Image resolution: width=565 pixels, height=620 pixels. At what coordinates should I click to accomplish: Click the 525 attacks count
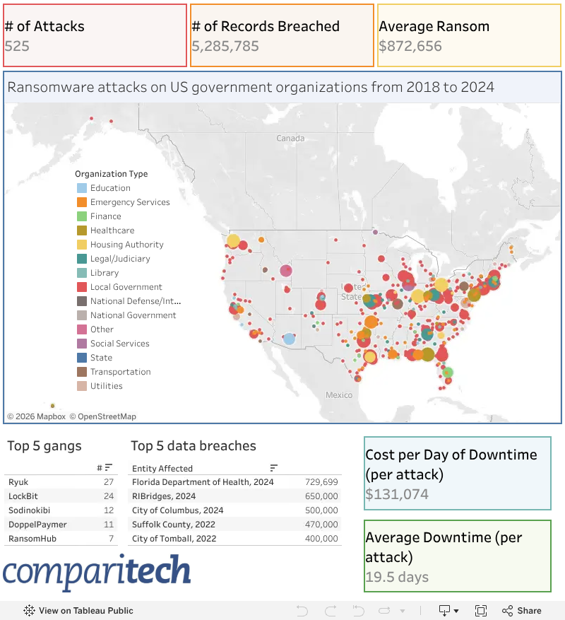click(17, 46)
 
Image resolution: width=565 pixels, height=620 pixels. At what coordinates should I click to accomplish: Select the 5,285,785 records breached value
click(225, 46)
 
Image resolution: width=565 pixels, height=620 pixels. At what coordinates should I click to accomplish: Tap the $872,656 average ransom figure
click(410, 46)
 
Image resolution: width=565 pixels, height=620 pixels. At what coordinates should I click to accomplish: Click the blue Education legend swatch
click(82, 188)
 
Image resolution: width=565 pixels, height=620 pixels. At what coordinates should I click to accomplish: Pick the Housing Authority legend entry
click(120, 245)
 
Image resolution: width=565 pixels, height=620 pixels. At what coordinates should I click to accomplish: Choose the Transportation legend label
click(121, 372)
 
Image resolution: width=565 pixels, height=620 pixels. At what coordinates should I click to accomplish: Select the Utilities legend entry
click(100, 386)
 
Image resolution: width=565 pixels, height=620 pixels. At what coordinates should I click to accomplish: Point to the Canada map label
click(290, 139)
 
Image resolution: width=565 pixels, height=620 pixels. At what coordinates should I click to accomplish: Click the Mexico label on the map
click(339, 395)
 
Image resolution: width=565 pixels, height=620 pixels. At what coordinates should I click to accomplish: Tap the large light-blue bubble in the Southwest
click(290, 339)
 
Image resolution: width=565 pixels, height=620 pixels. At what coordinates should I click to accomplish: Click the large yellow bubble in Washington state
click(233, 241)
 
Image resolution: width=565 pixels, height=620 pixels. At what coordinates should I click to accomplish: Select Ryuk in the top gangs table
click(18, 482)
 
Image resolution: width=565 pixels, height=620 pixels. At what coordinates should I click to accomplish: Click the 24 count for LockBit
click(109, 496)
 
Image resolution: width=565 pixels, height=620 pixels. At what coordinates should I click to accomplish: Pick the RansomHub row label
click(32, 539)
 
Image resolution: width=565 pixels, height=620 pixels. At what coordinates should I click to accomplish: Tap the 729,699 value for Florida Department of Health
click(321, 482)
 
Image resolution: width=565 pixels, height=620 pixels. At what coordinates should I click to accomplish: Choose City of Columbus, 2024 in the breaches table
click(178, 510)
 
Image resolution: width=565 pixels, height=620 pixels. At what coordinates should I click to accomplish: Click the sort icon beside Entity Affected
click(273, 468)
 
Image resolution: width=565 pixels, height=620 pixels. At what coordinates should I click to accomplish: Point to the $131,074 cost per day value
click(397, 494)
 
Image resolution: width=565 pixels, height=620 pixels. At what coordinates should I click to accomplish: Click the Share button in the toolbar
click(522, 611)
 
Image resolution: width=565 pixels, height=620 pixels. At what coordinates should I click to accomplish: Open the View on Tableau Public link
click(78, 611)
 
